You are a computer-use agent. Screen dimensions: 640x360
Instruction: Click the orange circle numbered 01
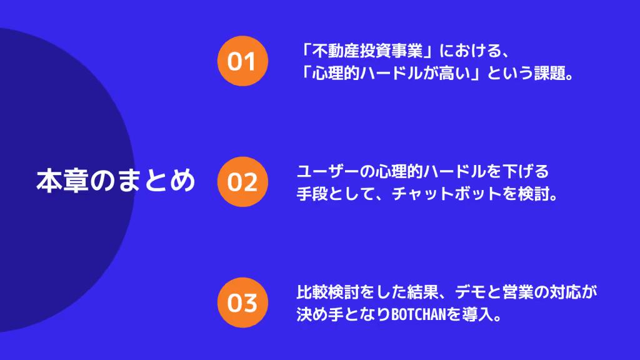coord(242,61)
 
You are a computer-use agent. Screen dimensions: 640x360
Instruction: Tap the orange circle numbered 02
coord(242,182)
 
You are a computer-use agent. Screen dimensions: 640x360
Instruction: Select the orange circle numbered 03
coord(242,302)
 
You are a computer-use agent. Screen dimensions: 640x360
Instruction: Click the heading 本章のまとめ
coord(116,181)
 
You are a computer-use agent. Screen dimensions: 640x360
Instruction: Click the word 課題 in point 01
coord(547,74)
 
